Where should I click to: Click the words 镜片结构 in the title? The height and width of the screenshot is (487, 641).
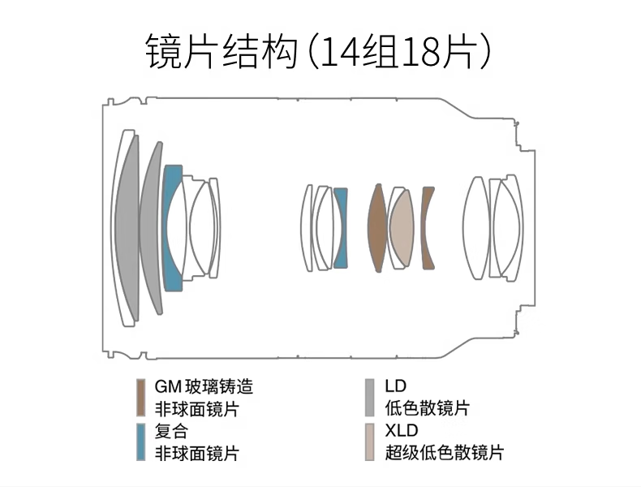222,52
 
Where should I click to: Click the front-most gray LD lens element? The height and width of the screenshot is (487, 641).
127,227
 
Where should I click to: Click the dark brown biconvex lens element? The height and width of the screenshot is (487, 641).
378,228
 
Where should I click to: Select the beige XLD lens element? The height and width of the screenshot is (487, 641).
402,228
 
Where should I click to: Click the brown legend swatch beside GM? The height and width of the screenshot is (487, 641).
141,398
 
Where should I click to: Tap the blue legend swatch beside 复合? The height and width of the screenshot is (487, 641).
141,442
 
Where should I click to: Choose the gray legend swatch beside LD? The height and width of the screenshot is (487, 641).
369,398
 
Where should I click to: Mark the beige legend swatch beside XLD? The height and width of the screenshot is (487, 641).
369,442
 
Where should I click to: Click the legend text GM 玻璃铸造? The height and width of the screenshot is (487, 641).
204,386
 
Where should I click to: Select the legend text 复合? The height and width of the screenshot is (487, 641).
172,430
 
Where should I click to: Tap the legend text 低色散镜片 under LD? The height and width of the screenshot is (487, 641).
427,408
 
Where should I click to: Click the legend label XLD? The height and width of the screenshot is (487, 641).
402,430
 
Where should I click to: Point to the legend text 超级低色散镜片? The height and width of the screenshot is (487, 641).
445,453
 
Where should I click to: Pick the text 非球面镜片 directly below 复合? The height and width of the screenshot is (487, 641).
197,453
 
